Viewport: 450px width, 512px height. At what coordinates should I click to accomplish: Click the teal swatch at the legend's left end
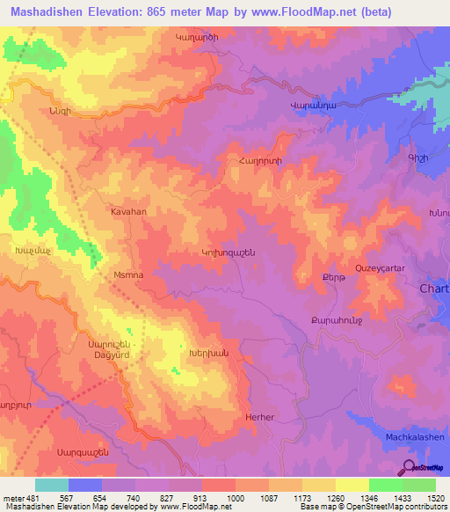51,485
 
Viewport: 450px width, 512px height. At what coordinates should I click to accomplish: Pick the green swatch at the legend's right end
419,485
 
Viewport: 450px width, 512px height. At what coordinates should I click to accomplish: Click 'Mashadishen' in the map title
51,11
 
